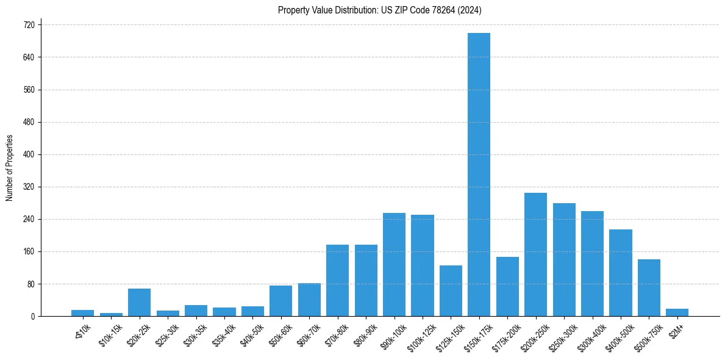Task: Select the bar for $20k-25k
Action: point(139,303)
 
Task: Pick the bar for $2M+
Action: point(677,312)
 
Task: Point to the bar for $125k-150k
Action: point(451,291)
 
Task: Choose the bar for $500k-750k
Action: point(649,288)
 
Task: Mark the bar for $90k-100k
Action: point(394,265)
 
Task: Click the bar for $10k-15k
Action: point(111,314)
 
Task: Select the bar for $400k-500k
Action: point(621,273)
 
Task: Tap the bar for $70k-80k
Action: point(337,281)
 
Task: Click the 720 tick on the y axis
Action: point(29,25)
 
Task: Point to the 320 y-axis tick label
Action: point(29,187)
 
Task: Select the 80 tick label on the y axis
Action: point(30,284)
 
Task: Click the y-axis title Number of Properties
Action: point(9,168)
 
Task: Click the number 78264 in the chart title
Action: point(451,10)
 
